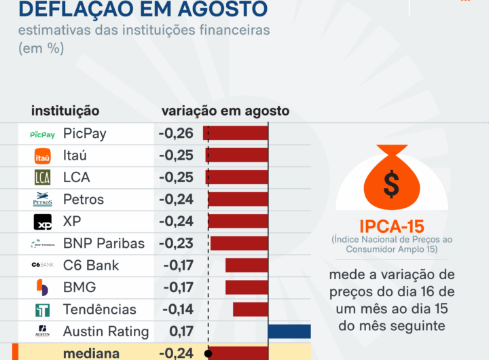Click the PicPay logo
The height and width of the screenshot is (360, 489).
click(43, 134)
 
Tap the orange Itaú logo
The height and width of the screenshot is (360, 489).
click(43, 156)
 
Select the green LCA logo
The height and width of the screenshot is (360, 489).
click(43, 178)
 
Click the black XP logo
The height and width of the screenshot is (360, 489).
click(43, 222)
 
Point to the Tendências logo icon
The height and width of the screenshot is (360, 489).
click(43, 310)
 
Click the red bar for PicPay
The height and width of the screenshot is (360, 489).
click(238, 134)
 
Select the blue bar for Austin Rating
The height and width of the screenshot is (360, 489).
click(289, 331)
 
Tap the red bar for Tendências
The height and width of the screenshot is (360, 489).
click(251, 310)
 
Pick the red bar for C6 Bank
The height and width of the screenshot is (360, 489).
click(247, 266)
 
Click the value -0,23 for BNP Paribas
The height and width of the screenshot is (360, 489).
click(176, 243)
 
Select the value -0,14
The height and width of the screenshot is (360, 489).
click(176, 310)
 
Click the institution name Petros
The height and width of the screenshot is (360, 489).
click(84, 200)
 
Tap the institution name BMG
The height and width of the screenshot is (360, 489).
click(79, 287)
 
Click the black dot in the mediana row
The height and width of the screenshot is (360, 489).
click(209, 353)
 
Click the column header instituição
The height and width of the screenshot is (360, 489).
click(65, 111)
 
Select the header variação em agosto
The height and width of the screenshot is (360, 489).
click(225, 111)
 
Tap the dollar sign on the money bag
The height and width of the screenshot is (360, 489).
click(391, 183)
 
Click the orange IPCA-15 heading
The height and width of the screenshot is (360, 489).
click(391, 226)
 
